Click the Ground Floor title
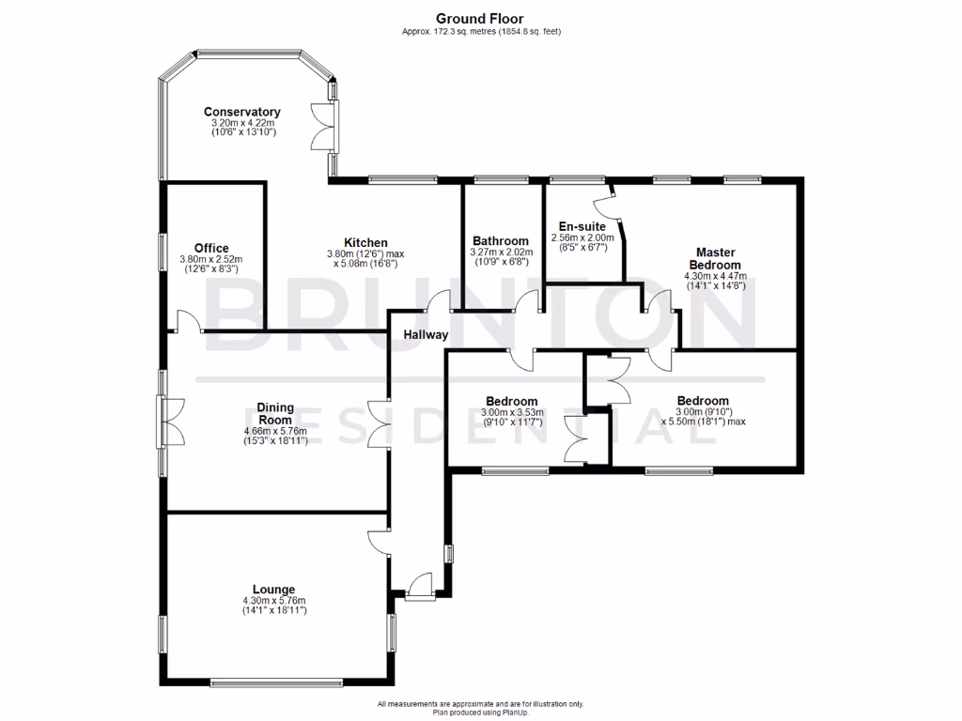480,18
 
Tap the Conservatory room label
242,112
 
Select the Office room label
211,249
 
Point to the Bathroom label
501,240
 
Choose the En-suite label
582,227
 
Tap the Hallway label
426,334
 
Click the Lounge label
273,590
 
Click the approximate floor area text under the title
480,31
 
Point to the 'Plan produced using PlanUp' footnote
480,713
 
